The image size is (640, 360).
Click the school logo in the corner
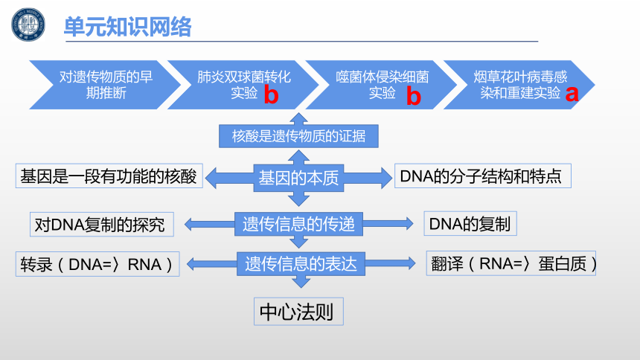(x=28, y=25)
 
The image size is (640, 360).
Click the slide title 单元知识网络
(x=128, y=27)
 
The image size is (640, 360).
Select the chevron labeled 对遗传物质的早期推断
(x=105, y=85)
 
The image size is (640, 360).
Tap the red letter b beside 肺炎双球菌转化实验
(x=271, y=94)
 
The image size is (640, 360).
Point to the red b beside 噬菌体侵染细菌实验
(x=414, y=96)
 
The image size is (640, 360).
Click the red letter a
(x=572, y=94)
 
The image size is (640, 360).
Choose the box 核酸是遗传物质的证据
(x=298, y=136)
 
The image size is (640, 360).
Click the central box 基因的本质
(x=298, y=178)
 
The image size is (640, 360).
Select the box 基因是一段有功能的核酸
(x=109, y=176)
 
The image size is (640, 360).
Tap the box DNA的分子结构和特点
(x=483, y=176)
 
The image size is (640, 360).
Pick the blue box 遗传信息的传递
(x=298, y=224)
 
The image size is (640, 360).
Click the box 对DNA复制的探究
(x=102, y=224)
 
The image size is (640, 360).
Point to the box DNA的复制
(x=470, y=224)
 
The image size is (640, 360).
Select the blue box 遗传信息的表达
(x=301, y=263)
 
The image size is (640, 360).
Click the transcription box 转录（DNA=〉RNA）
(x=97, y=264)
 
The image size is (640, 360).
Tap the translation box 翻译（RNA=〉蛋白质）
(x=511, y=263)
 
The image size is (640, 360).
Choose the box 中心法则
(x=298, y=312)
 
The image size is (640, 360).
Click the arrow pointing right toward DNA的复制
(x=388, y=224)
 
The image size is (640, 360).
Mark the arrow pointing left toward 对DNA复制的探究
(x=209, y=224)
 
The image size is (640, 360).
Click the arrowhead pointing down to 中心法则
(x=301, y=282)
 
